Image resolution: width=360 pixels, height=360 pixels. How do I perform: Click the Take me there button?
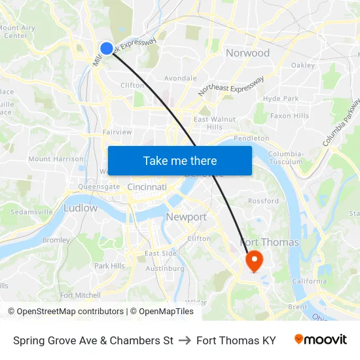180,160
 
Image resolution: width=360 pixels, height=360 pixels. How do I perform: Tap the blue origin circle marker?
107,48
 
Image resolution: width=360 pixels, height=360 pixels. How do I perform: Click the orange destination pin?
253,261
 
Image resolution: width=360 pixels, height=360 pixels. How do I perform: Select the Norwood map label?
247,53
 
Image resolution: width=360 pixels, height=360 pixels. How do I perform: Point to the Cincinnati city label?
147,187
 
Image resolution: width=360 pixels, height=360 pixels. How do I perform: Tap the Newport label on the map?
186,217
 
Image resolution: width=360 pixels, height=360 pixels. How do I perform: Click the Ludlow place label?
81,208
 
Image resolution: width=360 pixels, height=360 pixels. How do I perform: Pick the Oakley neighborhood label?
303,65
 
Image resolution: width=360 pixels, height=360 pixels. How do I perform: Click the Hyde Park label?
281,99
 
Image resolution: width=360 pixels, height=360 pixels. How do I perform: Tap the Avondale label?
180,79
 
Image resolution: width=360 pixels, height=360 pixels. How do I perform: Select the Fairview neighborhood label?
117,132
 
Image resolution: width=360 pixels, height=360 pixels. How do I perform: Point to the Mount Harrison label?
56,159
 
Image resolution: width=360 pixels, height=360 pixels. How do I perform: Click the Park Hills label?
109,266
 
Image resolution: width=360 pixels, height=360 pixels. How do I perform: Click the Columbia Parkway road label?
342,122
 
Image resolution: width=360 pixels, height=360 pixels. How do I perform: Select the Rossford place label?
263,201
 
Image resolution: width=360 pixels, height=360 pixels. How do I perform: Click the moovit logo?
321,340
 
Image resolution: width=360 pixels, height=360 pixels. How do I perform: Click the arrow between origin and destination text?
185,340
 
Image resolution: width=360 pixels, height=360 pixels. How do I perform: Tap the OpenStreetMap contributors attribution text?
65,312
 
